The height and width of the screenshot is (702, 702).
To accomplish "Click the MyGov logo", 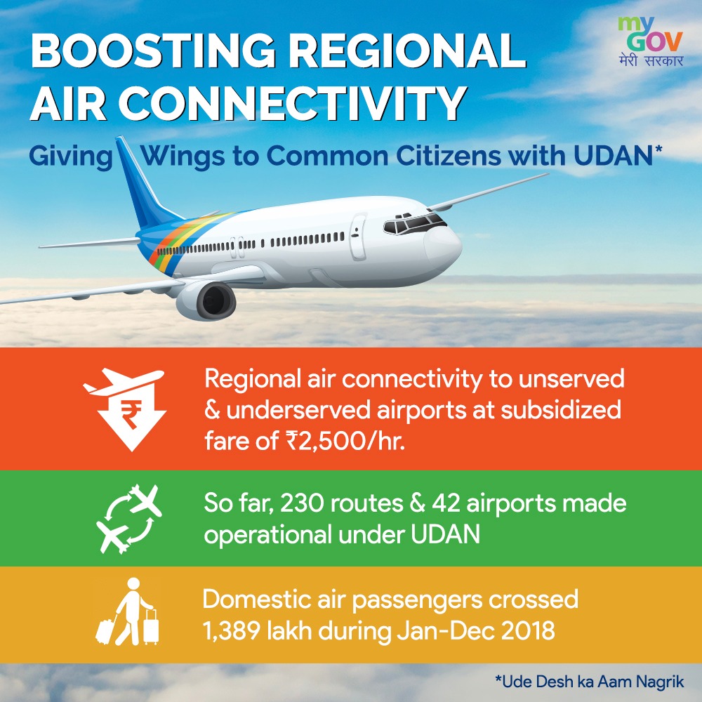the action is [651, 42].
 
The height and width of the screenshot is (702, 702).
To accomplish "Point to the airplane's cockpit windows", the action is [414, 223].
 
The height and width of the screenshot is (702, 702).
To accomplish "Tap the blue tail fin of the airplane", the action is [144, 183].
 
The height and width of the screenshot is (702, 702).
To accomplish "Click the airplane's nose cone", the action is [443, 248].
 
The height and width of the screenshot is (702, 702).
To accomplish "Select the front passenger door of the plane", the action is [358, 237].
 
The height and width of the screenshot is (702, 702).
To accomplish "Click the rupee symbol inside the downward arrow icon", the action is [132, 415].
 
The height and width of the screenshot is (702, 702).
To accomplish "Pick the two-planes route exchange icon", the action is [129, 519].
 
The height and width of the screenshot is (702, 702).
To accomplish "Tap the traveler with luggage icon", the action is [128, 611].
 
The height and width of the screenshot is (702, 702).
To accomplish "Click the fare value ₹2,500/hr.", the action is [345, 441].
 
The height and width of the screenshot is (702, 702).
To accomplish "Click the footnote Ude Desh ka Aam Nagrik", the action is [590, 682].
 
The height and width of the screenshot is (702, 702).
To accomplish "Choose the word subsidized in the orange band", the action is [561, 410].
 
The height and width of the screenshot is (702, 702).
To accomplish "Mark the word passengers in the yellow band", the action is [417, 600].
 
